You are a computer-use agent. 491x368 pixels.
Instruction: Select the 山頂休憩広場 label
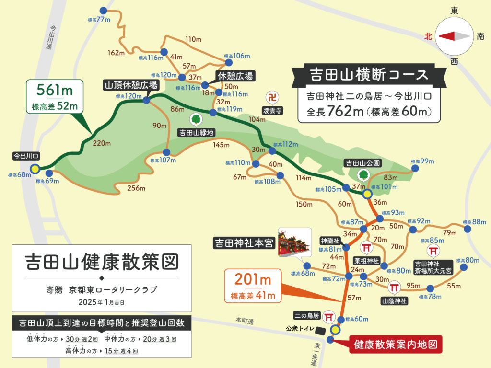tap(131, 85)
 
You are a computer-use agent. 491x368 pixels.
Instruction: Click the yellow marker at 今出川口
tap(35, 168)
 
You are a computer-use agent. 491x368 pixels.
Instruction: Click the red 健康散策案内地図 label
tap(396, 344)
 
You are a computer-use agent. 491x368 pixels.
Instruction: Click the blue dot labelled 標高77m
tap(104, 10)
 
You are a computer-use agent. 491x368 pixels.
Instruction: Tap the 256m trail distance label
tap(136, 188)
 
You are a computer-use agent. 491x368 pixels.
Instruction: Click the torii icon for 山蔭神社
tap(394, 287)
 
